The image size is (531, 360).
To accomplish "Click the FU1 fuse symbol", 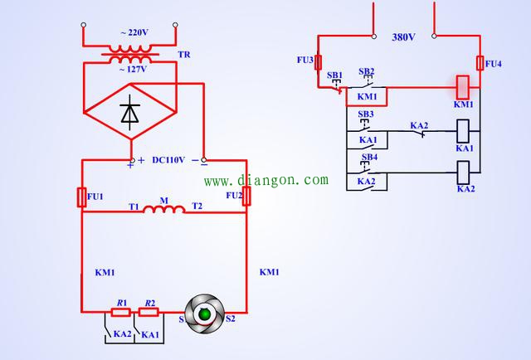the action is coord(81,197).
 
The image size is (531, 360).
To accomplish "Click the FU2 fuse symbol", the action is coord(246,196).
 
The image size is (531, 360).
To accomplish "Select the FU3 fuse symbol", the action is coord(318,62).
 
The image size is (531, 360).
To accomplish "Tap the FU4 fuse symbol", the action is coord(480,63).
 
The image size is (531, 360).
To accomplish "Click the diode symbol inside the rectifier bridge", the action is coord(130,113).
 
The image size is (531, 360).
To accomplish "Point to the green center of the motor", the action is coord(205,314).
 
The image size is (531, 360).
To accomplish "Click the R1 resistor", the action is coord(121,312).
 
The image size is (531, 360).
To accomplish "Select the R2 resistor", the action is coord(149,312).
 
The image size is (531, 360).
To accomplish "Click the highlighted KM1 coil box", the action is coord(463,87).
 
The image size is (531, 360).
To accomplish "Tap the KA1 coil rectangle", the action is coord(463,131).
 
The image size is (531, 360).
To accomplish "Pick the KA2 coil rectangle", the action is coord(463,173).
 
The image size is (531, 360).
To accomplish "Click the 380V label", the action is coord(404,37).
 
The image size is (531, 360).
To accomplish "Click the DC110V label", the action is coord(168,160).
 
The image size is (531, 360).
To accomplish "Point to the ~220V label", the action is coord(134,32).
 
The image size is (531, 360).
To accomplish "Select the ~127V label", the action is coord(133,70).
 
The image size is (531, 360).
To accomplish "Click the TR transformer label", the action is coord(184,55).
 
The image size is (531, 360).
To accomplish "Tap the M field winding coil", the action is coord(164,209).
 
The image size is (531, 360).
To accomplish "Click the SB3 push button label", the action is coord(366,114).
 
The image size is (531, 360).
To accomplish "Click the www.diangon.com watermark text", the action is coord(266,180).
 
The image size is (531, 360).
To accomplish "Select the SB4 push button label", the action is coord(369,157).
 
